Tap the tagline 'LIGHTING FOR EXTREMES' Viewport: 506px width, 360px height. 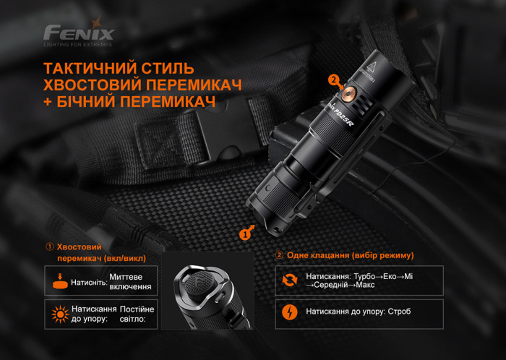[78, 45]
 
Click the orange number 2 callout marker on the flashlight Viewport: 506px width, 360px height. [333, 80]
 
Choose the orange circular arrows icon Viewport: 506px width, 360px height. [289, 280]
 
